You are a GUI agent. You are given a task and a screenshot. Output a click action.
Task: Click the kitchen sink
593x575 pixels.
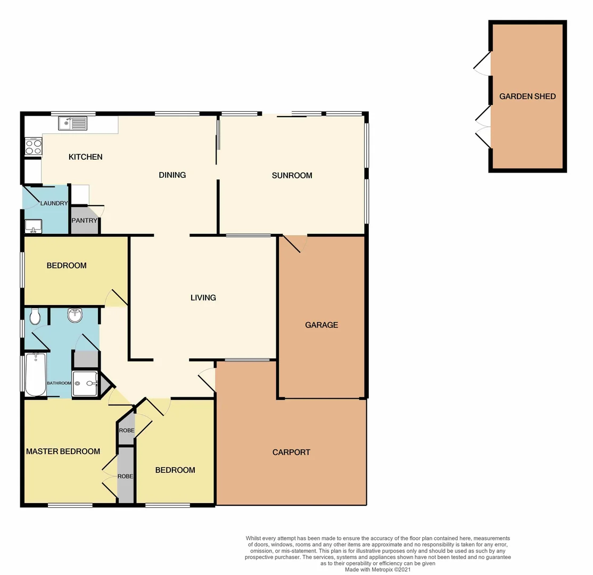73,124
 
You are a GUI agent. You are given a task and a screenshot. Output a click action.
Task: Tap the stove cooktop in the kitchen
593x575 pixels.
34,146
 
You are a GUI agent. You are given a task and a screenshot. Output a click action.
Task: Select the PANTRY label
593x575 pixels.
85,220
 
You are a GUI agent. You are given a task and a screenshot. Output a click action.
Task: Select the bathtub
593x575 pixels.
36,375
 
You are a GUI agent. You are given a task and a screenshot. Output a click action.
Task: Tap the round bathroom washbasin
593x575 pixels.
75,316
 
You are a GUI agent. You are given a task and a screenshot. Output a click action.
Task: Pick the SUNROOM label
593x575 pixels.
292,175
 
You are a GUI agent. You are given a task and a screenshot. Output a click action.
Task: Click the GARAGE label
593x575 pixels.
322,325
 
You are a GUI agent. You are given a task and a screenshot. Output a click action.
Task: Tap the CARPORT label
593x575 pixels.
291,452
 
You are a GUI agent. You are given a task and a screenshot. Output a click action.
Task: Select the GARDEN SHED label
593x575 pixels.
528,96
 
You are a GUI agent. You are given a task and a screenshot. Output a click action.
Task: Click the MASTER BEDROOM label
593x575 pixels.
63,451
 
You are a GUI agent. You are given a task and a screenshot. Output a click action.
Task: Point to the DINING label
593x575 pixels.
172,175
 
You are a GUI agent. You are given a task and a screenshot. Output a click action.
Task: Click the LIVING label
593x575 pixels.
203,298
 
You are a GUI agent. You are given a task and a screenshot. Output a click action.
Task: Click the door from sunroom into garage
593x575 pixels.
294,244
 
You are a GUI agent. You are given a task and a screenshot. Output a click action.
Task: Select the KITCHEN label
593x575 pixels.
85,157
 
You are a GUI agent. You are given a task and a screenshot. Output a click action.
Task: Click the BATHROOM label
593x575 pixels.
59,383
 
